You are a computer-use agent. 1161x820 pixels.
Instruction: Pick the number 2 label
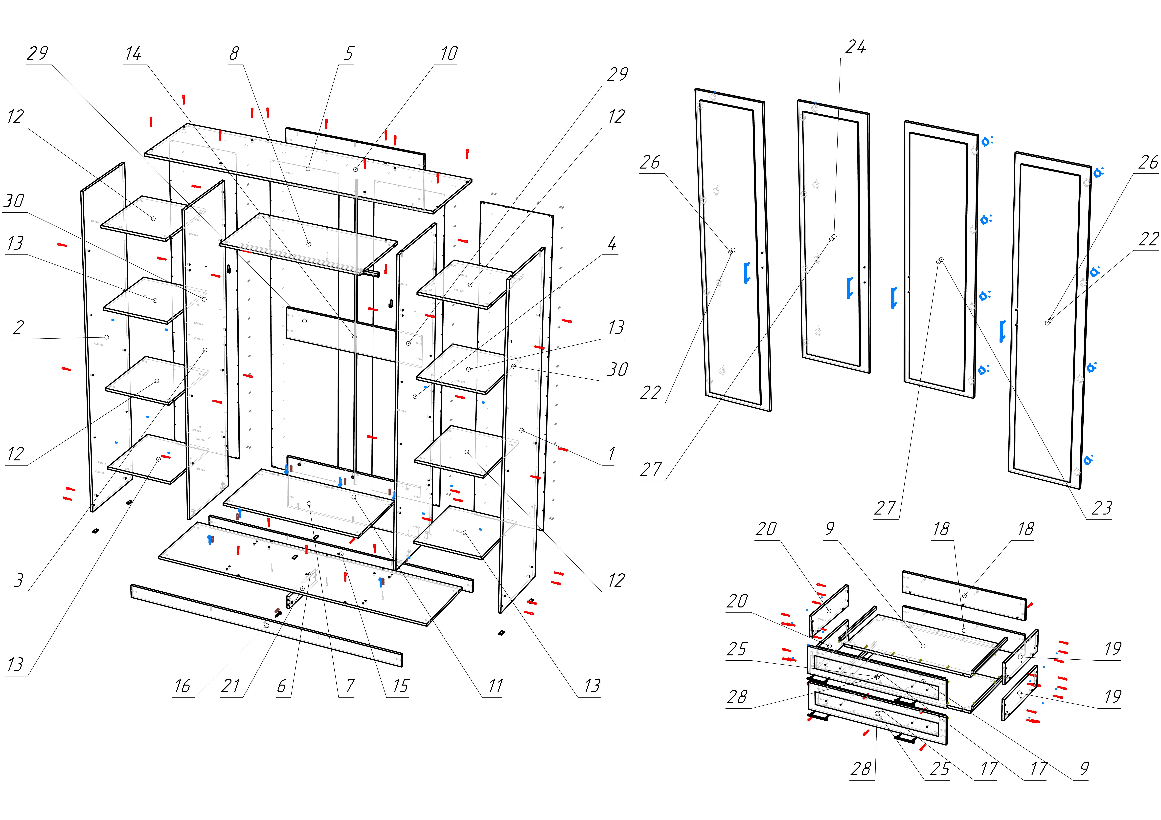(19, 328)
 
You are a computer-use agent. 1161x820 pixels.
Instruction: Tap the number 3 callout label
(19, 580)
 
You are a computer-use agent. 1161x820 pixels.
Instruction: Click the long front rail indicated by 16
(267, 626)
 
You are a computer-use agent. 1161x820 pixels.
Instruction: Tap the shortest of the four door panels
(834, 238)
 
